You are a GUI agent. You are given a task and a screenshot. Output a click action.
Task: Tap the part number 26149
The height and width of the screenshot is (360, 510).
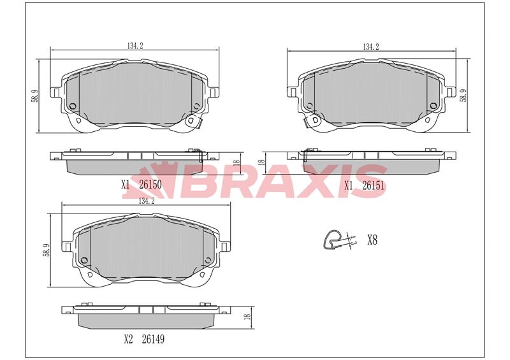tap(153, 339)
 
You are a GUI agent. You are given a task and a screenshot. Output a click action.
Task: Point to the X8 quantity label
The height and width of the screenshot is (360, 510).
tap(373, 240)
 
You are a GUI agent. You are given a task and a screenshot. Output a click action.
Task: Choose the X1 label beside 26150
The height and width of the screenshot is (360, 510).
tap(125, 185)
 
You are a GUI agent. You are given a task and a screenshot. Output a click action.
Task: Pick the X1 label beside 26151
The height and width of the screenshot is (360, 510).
tap(349, 185)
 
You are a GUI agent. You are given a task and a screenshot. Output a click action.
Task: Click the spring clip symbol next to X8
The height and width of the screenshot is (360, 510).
tap(339, 240)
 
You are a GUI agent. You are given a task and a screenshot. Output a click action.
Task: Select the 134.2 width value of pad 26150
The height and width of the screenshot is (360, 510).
tap(133, 45)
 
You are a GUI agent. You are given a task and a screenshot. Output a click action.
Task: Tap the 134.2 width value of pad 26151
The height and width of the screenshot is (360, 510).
tap(370, 47)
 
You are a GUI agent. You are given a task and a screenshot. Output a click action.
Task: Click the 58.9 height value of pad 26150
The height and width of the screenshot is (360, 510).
tap(36, 96)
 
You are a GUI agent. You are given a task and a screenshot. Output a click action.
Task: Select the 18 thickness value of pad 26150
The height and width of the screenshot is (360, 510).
tap(235, 162)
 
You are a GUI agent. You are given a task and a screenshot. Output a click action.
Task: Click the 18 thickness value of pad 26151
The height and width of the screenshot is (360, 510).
tap(261, 162)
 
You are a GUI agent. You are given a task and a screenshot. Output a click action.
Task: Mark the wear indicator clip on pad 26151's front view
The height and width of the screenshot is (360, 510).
tap(312, 120)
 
